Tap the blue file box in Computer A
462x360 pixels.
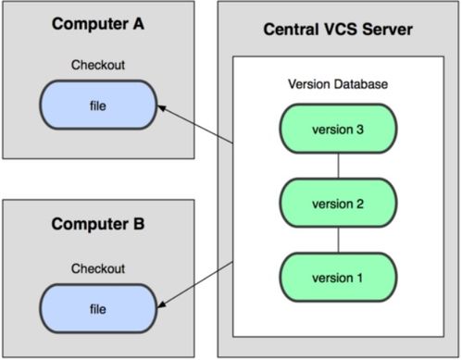pyautogui.click(x=98, y=106)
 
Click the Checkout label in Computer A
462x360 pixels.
pyautogui.click(x=98, y=66)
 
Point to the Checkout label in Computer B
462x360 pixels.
pyautogui.click(x=98, y=267)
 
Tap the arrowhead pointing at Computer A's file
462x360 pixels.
pyautogui.click(x=162, y=109)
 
